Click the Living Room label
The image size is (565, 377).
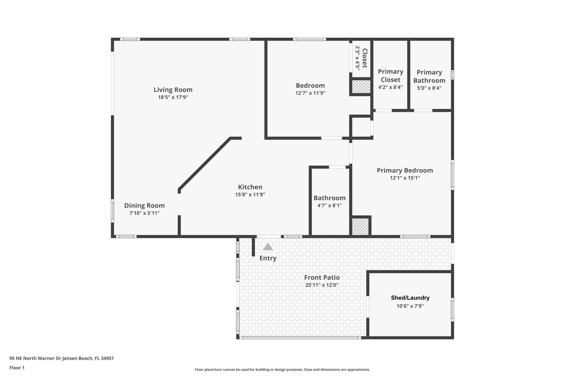coord(173,90)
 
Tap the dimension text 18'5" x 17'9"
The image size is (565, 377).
coord(173,97)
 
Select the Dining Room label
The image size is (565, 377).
coord(144,205)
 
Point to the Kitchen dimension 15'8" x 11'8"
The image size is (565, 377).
coord(250,194)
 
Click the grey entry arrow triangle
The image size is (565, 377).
coord(267,247)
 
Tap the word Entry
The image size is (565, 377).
coord(268,258)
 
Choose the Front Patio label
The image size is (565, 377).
coord(322,277)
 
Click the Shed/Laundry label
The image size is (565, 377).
coord(410,298)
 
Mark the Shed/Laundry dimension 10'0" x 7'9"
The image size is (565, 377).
coord(410,306)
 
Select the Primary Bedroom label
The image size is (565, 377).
coord(405,170)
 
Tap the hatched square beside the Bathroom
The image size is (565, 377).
coord(360,226)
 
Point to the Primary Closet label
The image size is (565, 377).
coord(390,76)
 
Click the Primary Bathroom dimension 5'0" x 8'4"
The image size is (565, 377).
coord(429,88)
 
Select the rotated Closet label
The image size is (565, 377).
coord(365,58)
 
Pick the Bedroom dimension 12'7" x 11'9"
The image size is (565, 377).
coord(310,93)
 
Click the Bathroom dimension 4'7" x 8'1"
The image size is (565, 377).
coord(329,206)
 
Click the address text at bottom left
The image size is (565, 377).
coord(62,358)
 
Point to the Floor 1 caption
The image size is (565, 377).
coord(17,368)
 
